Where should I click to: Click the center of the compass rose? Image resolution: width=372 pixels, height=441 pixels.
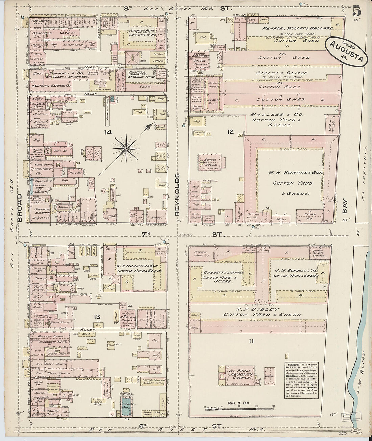tap(126, 148)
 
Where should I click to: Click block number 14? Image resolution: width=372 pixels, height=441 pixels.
tap(108, 132)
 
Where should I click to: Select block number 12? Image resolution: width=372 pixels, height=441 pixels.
tap(230, 132)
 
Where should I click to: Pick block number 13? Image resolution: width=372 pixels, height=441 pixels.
tap(97, 317)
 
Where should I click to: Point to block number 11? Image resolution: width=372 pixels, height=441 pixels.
tap(251, 341)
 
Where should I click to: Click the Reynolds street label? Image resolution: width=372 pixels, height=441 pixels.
tap(177, 194)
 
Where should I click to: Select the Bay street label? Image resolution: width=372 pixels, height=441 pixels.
tap(345, 210)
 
